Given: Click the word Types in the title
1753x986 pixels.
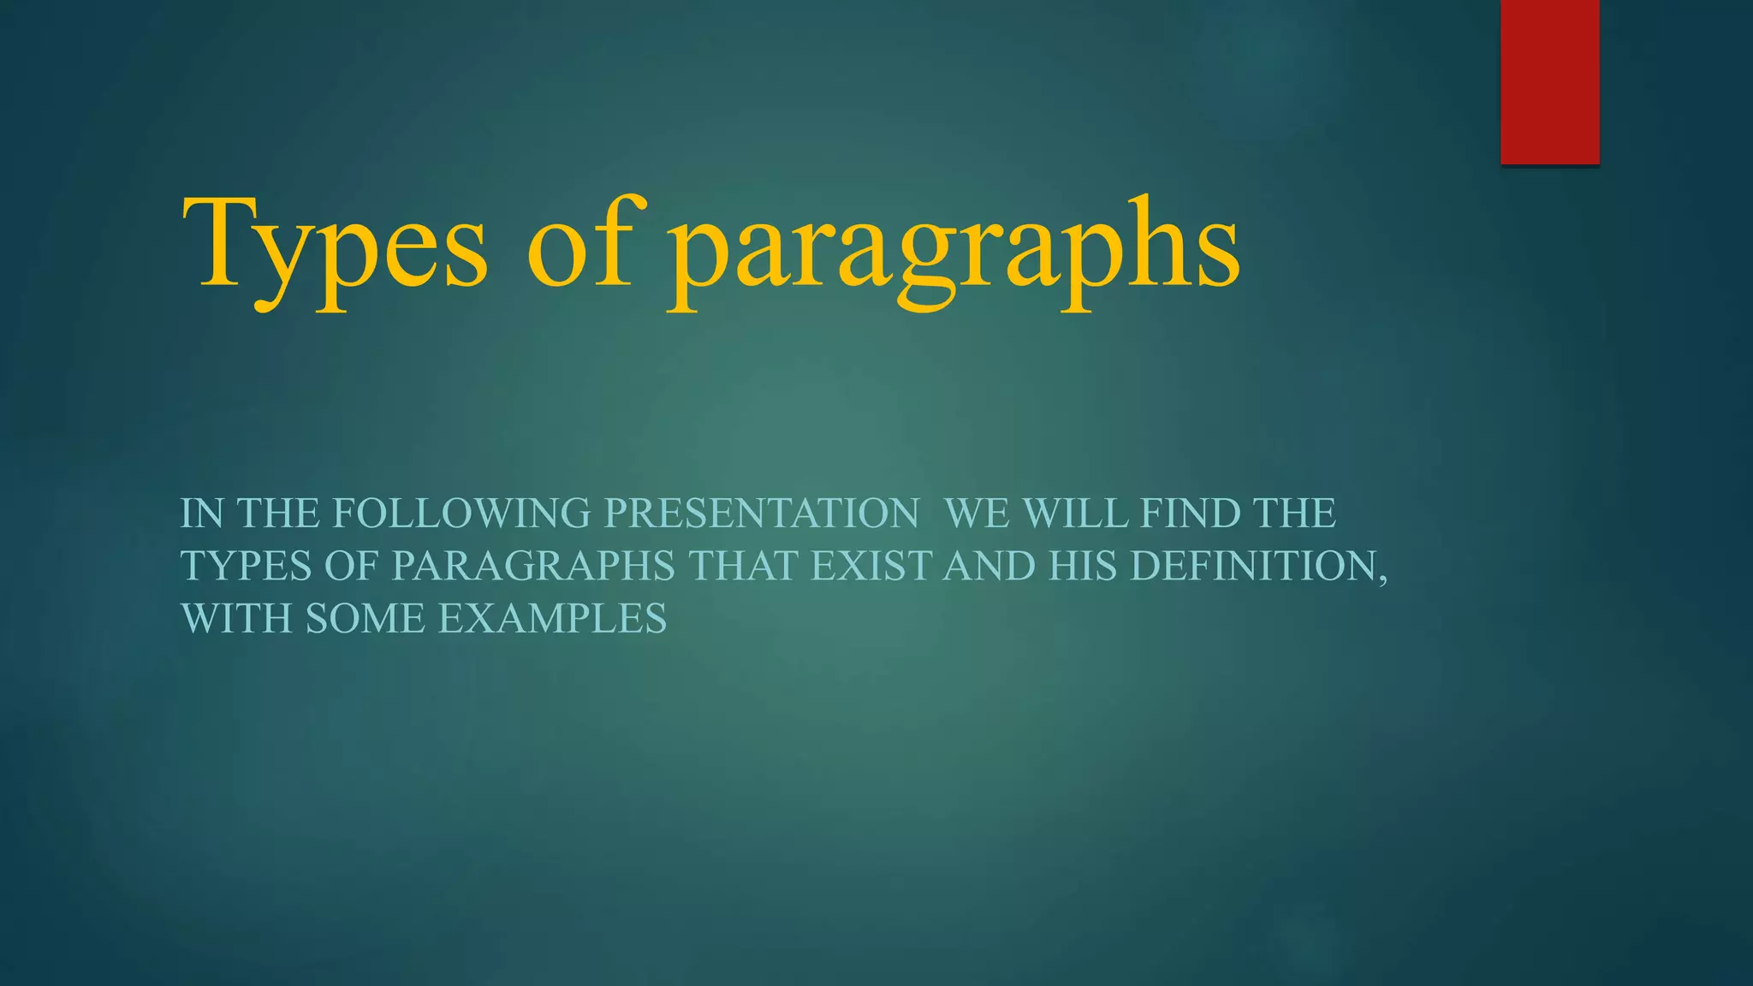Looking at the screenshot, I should tap(335, 248).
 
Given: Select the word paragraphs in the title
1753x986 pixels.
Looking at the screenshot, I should tap(954, 252).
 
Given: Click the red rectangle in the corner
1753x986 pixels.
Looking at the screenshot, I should tap(1549, 81).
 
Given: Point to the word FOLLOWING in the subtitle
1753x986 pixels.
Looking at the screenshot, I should tap(461, 514).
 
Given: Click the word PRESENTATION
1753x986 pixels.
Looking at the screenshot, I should tap(762, 514).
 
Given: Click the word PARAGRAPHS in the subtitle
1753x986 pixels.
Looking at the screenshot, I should tap(533, 566).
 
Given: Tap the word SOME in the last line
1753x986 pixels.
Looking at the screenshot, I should tap(365, 619).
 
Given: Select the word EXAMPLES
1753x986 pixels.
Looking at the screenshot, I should tap(552, 619).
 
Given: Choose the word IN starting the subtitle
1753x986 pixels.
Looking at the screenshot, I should tap(202, 514).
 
